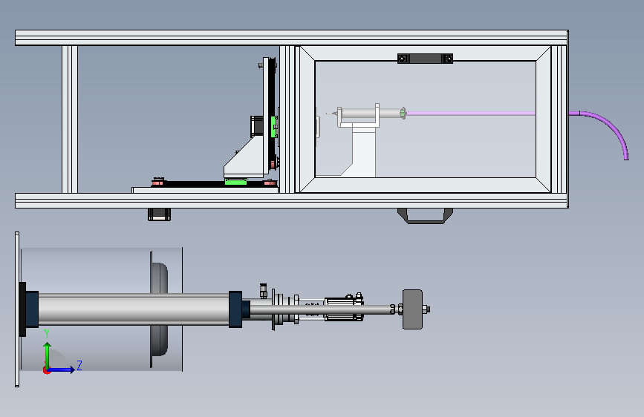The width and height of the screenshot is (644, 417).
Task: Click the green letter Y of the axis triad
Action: (x=47, y=334)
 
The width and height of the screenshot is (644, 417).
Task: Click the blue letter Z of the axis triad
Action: (x=79, y=365)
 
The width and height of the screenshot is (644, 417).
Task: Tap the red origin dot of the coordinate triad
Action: (x=46, y=370)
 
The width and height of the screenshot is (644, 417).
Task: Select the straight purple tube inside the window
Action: (x=471, y=114)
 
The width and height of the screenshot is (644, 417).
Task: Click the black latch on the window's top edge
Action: (x=425, y=59)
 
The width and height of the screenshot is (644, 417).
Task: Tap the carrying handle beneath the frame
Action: (x=425, y=217)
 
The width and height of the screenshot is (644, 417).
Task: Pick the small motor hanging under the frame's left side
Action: (x=160, y=214)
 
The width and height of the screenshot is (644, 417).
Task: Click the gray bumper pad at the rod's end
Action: (x=412, y=309)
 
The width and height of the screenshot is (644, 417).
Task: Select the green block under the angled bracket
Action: (x=235, y=181)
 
